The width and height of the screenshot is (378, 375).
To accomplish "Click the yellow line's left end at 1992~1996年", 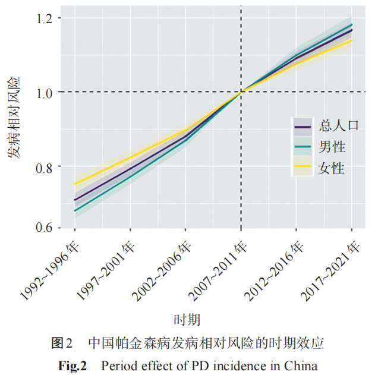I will [75, 184].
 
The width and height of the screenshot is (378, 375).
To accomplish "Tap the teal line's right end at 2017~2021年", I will [352, 25].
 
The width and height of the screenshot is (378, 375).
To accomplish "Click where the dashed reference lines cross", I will [241, 92].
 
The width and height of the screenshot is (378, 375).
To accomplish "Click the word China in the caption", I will [301, 364].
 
